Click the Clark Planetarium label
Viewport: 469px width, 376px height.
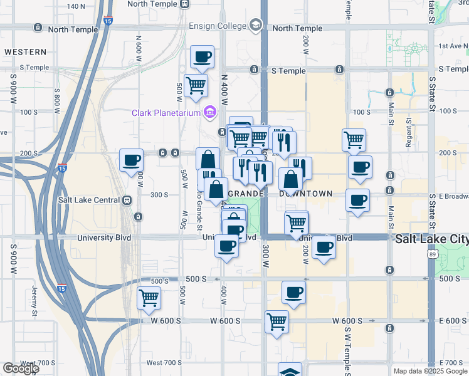(x=166, y=113)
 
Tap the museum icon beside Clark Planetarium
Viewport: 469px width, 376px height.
(x=209, y=113)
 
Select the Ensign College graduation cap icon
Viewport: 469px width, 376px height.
(x=255, y=25)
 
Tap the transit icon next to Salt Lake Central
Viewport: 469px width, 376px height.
(x=127, y=201)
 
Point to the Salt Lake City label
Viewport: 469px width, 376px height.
(x=431, y=239)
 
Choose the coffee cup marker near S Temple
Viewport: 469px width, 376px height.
(x=202, y=58)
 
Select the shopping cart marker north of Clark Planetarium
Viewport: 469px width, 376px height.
(x=196, y=86)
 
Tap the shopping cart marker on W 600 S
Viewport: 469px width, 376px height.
(x=277, y=322)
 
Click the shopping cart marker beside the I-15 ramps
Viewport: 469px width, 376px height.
(x=149, y=298)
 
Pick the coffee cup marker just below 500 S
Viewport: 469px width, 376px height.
(x=293, y=292)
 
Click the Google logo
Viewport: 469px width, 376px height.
(x=21, y=368)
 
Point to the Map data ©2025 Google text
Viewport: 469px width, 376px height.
(x=430, y=371)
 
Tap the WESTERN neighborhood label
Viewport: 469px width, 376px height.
(x=25, y=51)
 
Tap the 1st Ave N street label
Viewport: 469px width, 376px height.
(x=453, y=46)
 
